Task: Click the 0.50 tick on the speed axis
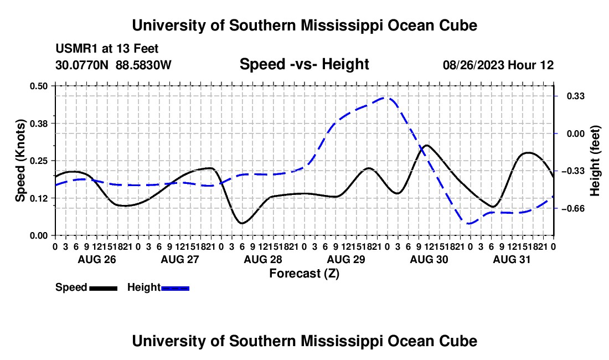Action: [38, 86]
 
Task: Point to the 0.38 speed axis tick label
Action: [38, 124]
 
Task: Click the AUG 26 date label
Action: [97, 259]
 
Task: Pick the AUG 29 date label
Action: [346, 259]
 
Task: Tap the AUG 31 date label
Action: [512, 259]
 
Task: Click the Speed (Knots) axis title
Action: [20, 161]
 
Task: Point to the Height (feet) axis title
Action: [595, 161]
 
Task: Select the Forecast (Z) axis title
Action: [304, 274]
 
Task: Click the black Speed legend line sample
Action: [104, 288]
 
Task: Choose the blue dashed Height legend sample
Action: [175, 288]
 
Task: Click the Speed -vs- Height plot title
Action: [304, 64]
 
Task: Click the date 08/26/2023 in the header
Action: [473, 65]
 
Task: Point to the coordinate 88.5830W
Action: [143, 65]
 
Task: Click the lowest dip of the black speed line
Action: [242, 223]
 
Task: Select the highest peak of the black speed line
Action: [427, 145]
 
